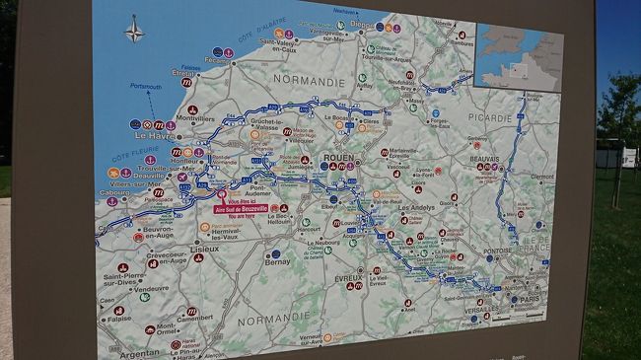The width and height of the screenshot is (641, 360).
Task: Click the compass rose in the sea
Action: pos(134,30)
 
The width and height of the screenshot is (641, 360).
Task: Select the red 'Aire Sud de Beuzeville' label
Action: pos(241,208)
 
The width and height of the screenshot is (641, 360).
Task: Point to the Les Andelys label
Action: pos(416,209)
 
